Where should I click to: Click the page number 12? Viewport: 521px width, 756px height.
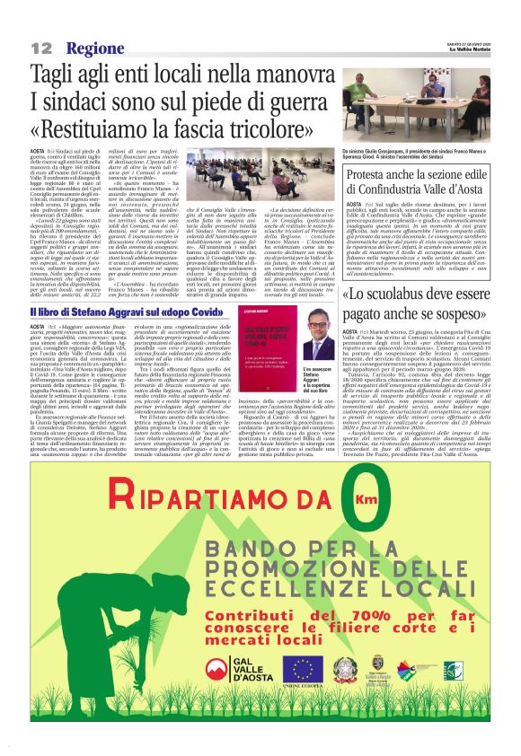pyautogui.click(x=41, y=48)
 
